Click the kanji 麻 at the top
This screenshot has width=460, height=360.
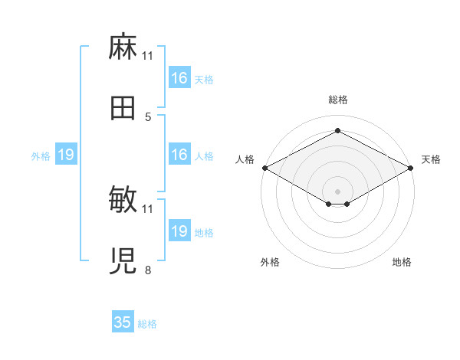123,47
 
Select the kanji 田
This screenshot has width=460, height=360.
123,108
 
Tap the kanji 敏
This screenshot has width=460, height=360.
123,199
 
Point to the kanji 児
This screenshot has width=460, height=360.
123,261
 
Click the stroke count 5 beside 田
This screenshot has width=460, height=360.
148,117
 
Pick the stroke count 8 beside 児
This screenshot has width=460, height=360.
148,270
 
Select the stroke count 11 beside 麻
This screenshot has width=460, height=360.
147,56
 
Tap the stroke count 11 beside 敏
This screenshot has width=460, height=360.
147,209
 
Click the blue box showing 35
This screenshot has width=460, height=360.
123,321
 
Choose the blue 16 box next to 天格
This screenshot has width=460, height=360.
180,77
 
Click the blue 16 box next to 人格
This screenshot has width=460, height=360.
180,154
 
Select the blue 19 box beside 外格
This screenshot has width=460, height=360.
66,154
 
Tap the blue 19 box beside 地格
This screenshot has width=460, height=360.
180,230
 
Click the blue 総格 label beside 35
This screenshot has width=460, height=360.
147,324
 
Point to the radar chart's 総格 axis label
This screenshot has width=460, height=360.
338,100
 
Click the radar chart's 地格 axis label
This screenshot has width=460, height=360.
402,262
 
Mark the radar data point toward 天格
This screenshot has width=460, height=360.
411,168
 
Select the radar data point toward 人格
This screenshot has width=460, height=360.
265,168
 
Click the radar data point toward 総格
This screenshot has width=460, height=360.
338,130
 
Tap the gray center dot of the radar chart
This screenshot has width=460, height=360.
337,191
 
